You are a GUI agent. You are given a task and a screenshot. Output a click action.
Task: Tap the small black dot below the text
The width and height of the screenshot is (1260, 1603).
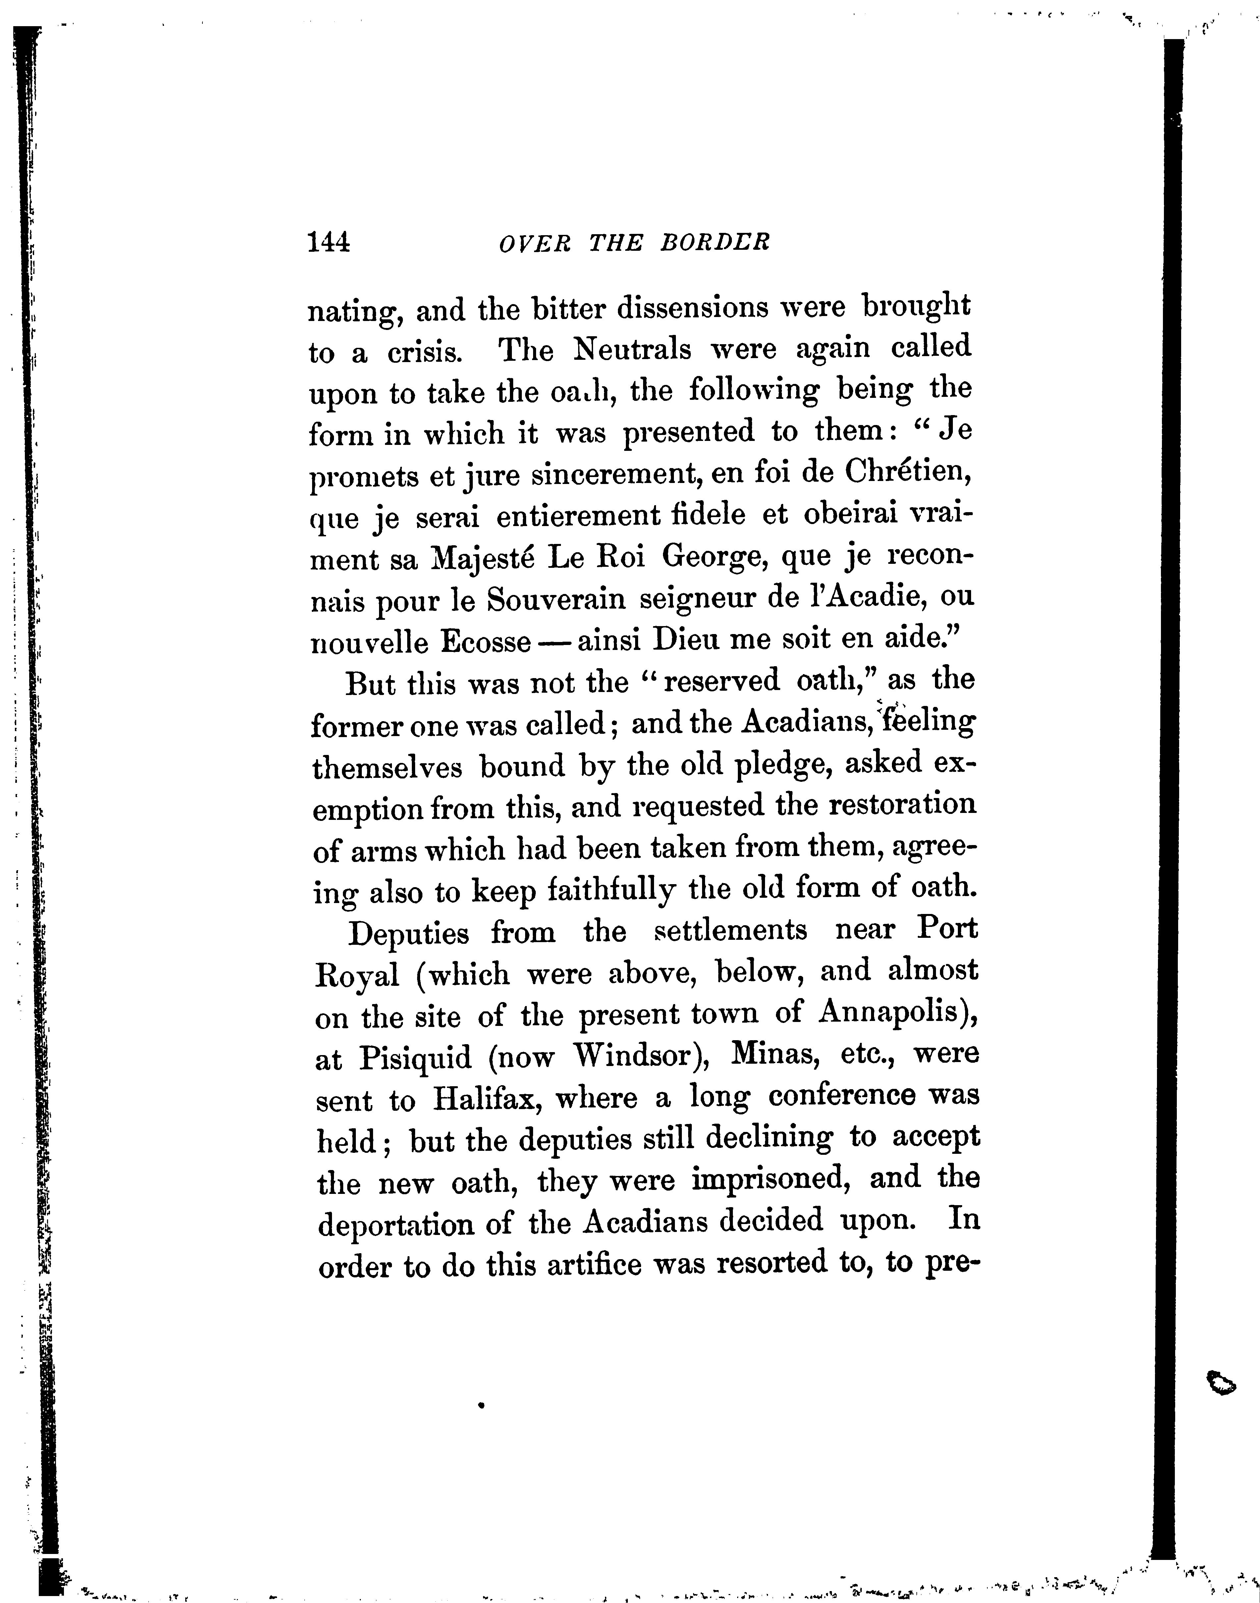(x=480, y=1406)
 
